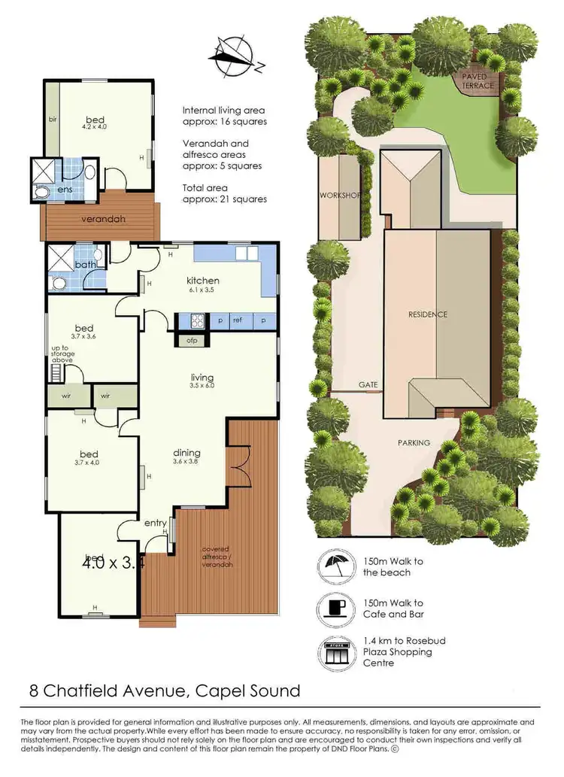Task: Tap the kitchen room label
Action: tap(203, 281)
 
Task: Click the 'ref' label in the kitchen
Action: tap(237, 320)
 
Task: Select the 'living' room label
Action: tap(203, 378)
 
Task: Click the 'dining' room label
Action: tap(186, 453)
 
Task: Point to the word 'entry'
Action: tap(155, 524)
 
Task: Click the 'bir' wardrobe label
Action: tap(53, 120)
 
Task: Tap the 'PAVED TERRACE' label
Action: tap(478, 81)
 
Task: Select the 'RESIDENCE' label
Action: tap(427, 314)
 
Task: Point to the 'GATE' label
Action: tap(368, 384)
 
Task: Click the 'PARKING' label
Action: tap(414, 443)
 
